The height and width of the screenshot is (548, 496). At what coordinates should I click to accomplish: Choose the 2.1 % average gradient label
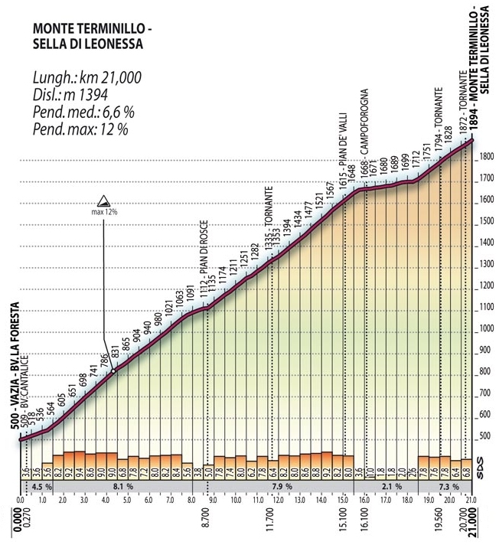point(391,486)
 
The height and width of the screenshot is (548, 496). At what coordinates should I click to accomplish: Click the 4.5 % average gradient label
point(41,486)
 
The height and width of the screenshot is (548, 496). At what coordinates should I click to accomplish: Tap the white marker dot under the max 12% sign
point(113,370)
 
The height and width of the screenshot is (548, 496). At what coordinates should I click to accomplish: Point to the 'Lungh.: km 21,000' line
point(86,78)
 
